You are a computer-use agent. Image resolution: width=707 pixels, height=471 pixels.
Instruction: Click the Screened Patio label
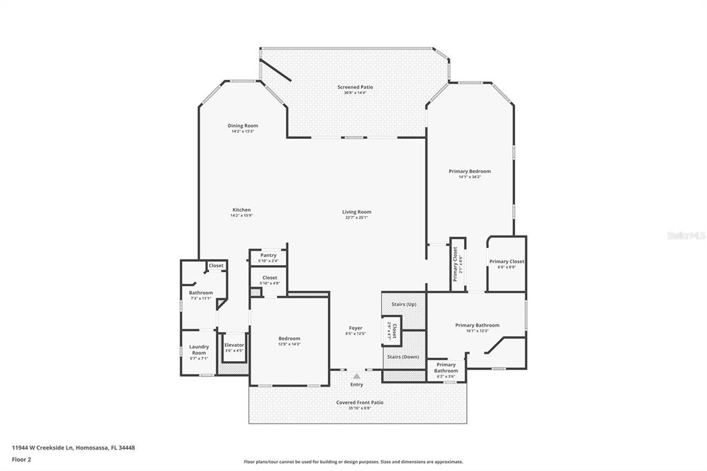coord(355,87)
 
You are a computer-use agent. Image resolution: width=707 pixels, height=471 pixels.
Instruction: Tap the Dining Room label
coord(242,126)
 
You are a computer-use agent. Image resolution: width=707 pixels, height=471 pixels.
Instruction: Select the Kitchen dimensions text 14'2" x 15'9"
coord(242,215)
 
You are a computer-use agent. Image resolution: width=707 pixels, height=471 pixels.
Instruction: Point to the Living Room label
coord(356,212)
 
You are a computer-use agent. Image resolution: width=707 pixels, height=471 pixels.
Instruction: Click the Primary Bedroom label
coord(469,171)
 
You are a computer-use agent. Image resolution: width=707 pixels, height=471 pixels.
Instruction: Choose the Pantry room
coord(268,257)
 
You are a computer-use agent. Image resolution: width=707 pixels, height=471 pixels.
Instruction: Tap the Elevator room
coord(234,347)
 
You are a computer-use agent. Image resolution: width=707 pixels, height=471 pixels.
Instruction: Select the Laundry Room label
coord(199,350)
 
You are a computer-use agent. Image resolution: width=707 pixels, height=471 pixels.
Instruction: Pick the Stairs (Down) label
coord(403,356)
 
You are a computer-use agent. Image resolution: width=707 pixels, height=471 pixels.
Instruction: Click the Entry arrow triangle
coord(356,376)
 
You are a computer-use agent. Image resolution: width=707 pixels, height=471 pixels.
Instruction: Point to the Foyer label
coord(356,328)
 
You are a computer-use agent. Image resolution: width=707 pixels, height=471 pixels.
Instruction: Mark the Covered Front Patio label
coord(359,402)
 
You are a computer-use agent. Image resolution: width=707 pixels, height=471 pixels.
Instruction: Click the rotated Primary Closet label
coord(456,264)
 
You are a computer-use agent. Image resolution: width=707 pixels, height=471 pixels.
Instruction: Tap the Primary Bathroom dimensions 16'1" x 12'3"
coord(477,331)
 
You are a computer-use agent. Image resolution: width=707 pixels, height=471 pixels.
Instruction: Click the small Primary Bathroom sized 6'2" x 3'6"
coord(446,368)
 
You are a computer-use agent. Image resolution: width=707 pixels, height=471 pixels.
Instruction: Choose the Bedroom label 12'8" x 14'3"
coord(289,338)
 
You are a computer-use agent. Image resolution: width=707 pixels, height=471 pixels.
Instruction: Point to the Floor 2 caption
coord(21,459)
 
